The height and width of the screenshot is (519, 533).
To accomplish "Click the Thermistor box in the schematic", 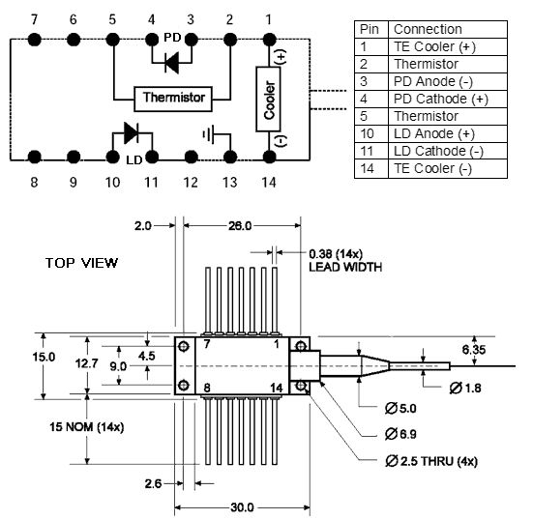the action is pos(173,99).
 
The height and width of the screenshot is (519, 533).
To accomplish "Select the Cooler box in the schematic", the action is pos(268,99).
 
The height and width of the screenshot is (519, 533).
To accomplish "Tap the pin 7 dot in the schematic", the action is pos(34,40).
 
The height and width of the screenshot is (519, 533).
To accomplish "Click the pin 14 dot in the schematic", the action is pos(269,157).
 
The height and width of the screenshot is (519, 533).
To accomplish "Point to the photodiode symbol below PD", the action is pos(172,63).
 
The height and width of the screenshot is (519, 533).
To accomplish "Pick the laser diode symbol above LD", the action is pos(132,132).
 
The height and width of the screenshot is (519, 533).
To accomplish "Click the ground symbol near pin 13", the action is pos(208,134).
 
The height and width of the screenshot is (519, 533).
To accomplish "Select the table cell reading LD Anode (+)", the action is pos(447,133).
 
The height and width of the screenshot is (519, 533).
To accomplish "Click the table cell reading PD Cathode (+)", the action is pos(447,99).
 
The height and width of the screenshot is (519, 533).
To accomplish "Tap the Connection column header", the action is pos(447,30).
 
